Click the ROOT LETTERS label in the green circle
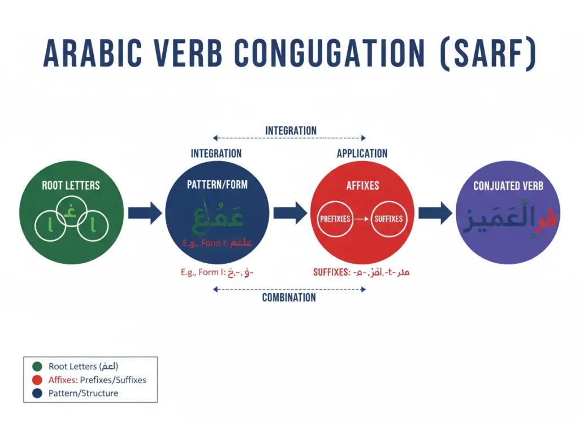pyautogui.click(x=71, y=185)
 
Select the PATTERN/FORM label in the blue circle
pyautogui.click(x=217, y=185)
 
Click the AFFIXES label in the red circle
pyautogui.click(x=362, y=185)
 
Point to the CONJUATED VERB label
pyautogui.click(x=508, y=186)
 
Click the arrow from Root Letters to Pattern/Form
pyautogui.click(x=144, y=213)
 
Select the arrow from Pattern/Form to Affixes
pyautogui.click(x=289, y=213)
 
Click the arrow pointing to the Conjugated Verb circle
pyautogui.click(x=435, y=213)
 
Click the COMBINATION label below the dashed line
pyautogui.click(x=289, y=298)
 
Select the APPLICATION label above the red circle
pyautogui.click(x=362, y=154)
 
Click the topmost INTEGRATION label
pyautogui.click(x=291, y=131)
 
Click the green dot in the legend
pyautogui.click(x=37, y=367)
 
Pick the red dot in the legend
pyautogui.click(x=37, y=380)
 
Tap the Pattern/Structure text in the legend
pyautogui.click(x=83, y=393)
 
